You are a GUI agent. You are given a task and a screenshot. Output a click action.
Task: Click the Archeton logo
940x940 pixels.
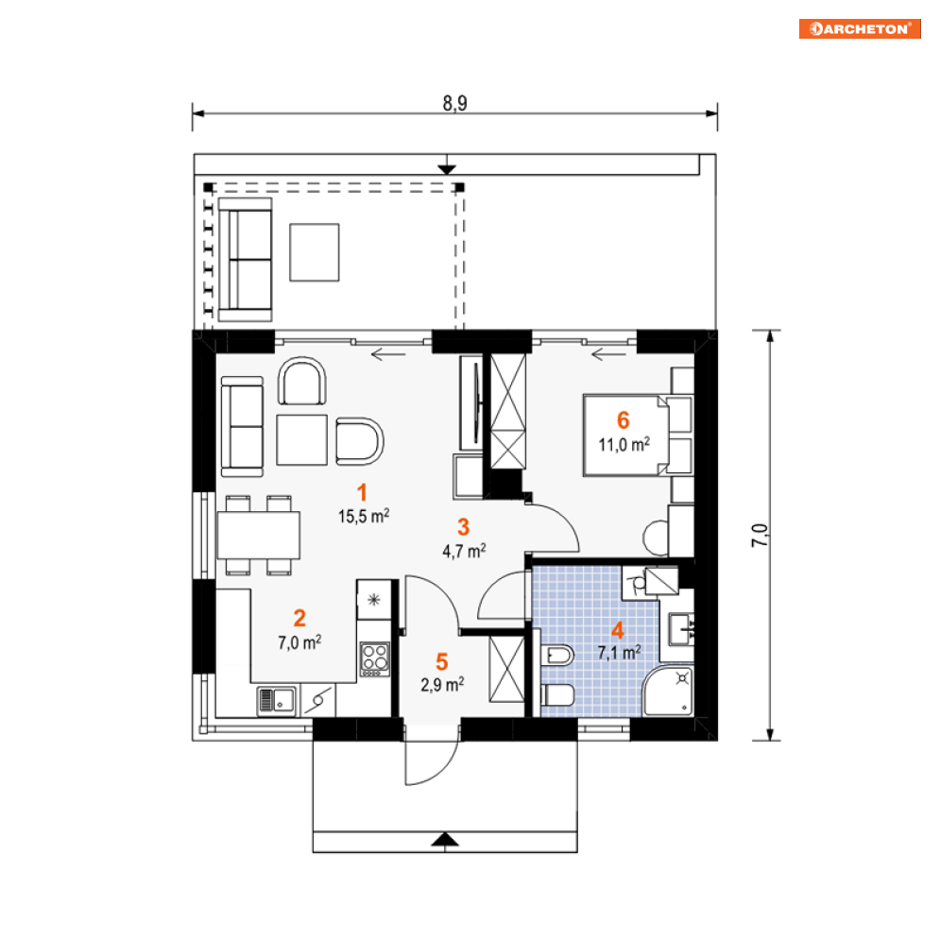[x=860, y=28]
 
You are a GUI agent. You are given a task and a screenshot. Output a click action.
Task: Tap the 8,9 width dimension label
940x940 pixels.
[x=455, y=103]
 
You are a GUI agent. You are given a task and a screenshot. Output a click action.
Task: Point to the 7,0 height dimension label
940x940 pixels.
[x=760, y=535]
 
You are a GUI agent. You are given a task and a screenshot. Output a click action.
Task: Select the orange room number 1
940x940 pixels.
[x=362, y=493]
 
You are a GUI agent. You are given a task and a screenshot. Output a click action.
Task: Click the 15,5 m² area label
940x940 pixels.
[x=364, y=516]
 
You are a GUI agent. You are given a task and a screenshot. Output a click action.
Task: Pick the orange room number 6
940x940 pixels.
[x=624, y=420]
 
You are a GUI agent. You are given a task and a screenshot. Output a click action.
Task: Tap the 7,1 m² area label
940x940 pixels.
[x=620, y=652]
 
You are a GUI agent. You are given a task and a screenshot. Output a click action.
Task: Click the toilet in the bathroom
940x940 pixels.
[x=557, y=695]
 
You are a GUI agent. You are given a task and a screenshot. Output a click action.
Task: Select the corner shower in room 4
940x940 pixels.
[x=669, y=690]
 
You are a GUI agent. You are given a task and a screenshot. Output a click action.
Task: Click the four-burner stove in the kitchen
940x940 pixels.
[x=375, y=658]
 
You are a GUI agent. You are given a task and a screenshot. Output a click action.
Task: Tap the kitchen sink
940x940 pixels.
[x=277, y=700]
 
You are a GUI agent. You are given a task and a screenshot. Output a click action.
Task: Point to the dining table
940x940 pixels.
[x=258, y=535]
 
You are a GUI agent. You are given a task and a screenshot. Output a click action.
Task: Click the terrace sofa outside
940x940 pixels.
[x=245, y=260]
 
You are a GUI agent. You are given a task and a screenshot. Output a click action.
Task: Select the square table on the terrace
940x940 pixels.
[x=315, y=252]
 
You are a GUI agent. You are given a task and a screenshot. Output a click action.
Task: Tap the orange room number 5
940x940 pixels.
[x=442, y=662]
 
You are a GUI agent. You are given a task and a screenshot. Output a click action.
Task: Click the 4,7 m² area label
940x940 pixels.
[x=464, y=551]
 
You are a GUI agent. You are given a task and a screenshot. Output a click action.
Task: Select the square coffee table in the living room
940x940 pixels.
[x=302, y=439]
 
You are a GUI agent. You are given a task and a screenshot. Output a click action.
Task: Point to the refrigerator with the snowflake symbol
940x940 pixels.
[x=374, y=600]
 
